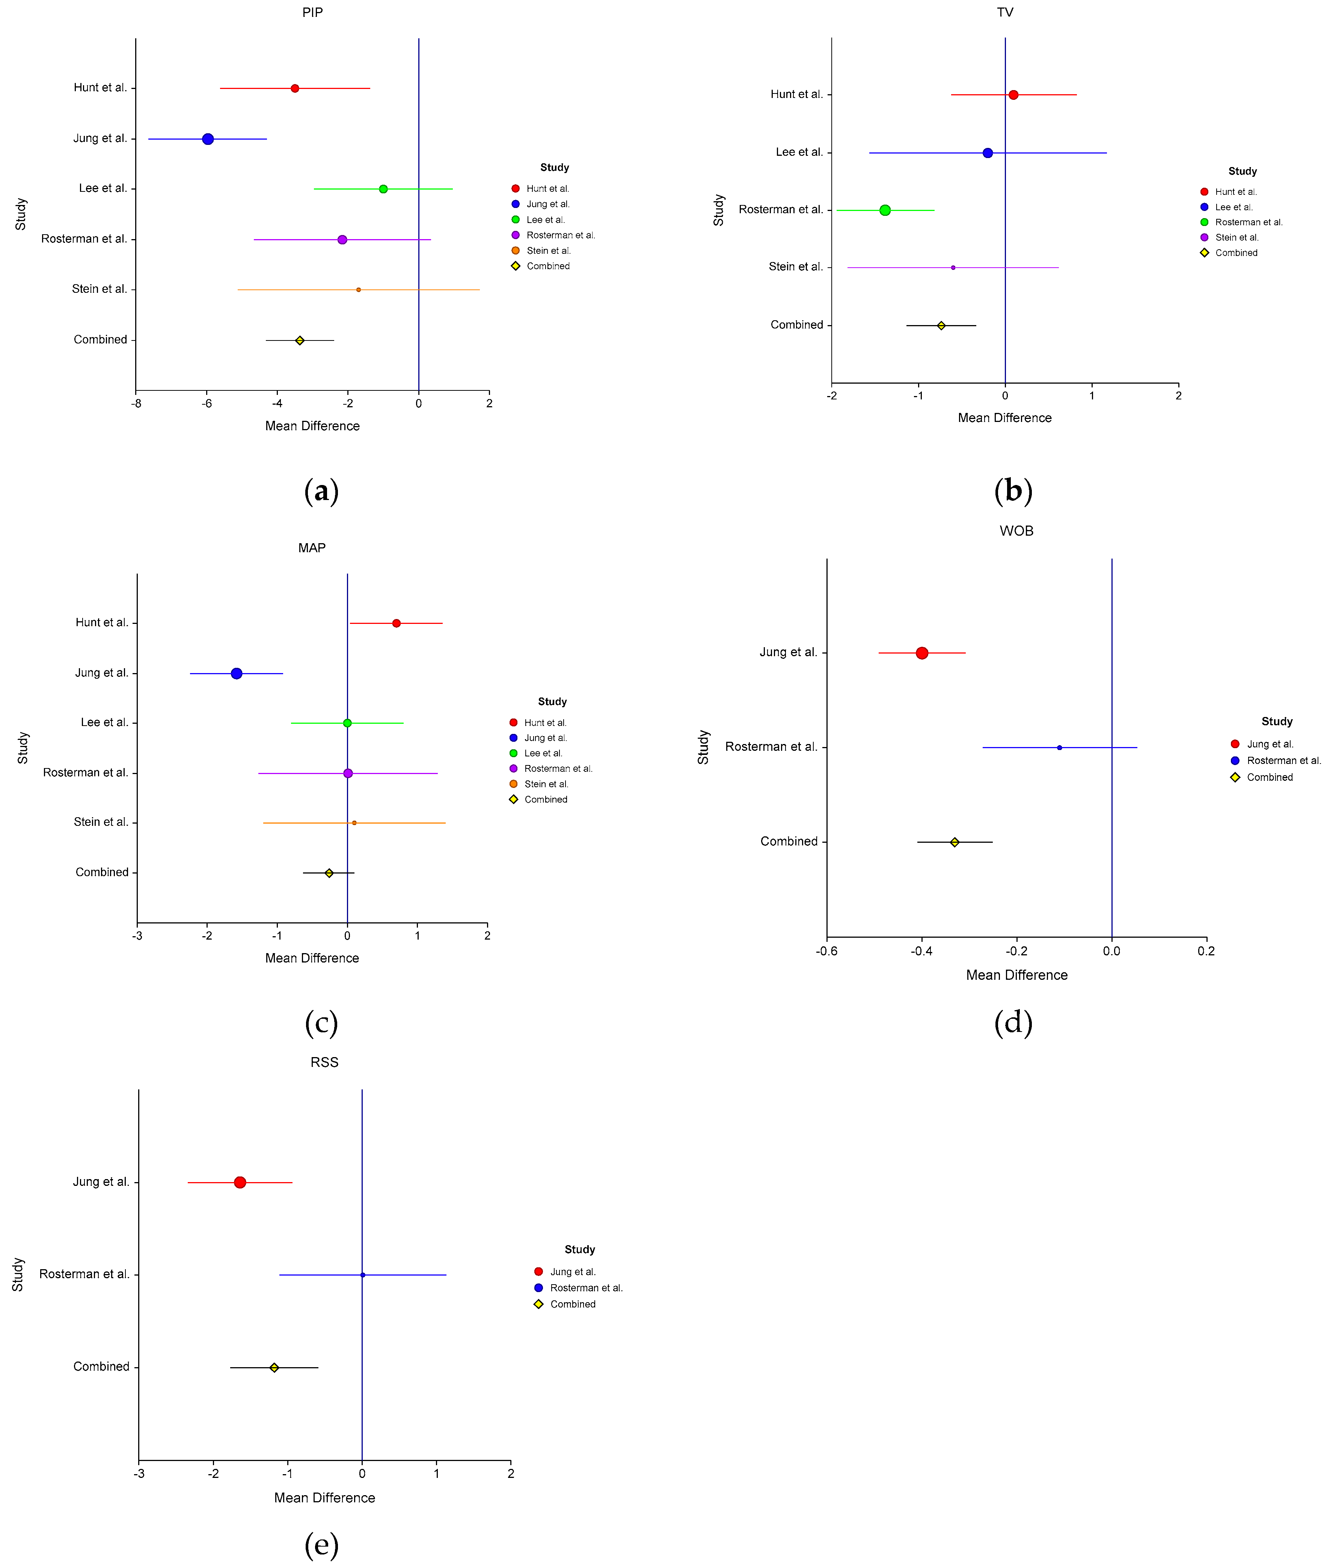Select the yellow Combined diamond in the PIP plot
(299, 341)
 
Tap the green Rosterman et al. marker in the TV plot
(885, 210)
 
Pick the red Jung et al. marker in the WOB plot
(922, 653)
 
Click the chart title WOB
(1016, 531)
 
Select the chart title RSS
(324, 1062)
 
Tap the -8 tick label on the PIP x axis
(136, 403)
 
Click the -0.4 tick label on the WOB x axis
(921, 951)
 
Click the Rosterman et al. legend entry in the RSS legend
(586, 1288)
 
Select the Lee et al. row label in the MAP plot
(104, 722)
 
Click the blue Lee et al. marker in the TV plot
(988, 153)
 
